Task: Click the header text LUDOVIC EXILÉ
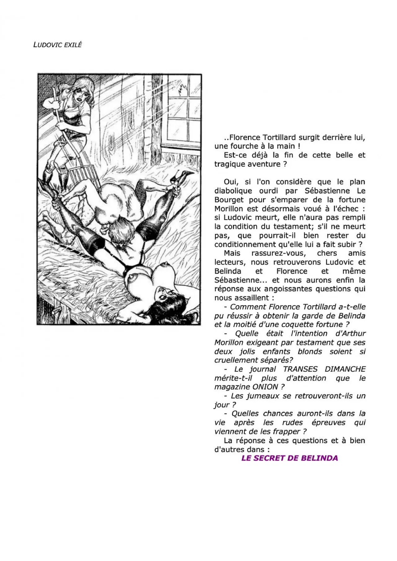pyautogui.click(x=57, y=45)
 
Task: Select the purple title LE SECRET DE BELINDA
pyautogui.click(x=289, y=458)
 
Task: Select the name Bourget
pyautogui.click(x=228, y=200)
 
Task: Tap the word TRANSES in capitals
pyautogui.click(x=300, y=369)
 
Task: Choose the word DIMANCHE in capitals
pyautogui.click(x=345, y=369)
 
